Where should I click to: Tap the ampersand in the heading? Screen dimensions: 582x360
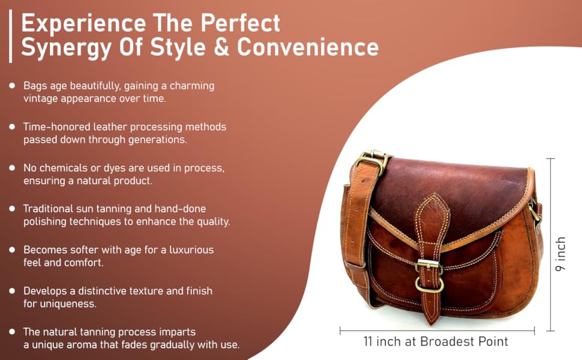221,47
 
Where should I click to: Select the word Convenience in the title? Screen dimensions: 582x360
308,47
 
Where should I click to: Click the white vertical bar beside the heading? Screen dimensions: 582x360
10,36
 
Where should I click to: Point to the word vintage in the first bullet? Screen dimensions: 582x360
40,98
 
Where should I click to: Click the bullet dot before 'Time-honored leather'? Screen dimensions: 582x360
12,127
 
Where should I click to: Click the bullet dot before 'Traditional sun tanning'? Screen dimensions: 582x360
12,209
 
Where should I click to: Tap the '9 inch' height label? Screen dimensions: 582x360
560,254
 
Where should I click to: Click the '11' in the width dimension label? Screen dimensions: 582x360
368,341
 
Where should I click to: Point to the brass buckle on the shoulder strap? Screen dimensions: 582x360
372,160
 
